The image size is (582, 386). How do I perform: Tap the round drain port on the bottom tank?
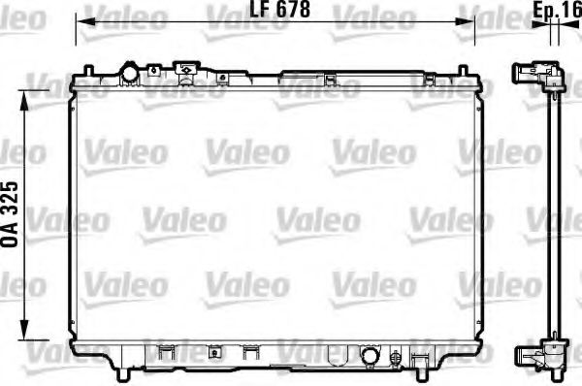pyautogui.click(x=370, y=358)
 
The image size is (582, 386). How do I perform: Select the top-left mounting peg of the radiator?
pyautogui.click(x=88, y=72)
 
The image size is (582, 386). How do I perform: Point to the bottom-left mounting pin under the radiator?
pyautogui.click(x=123, y=374)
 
